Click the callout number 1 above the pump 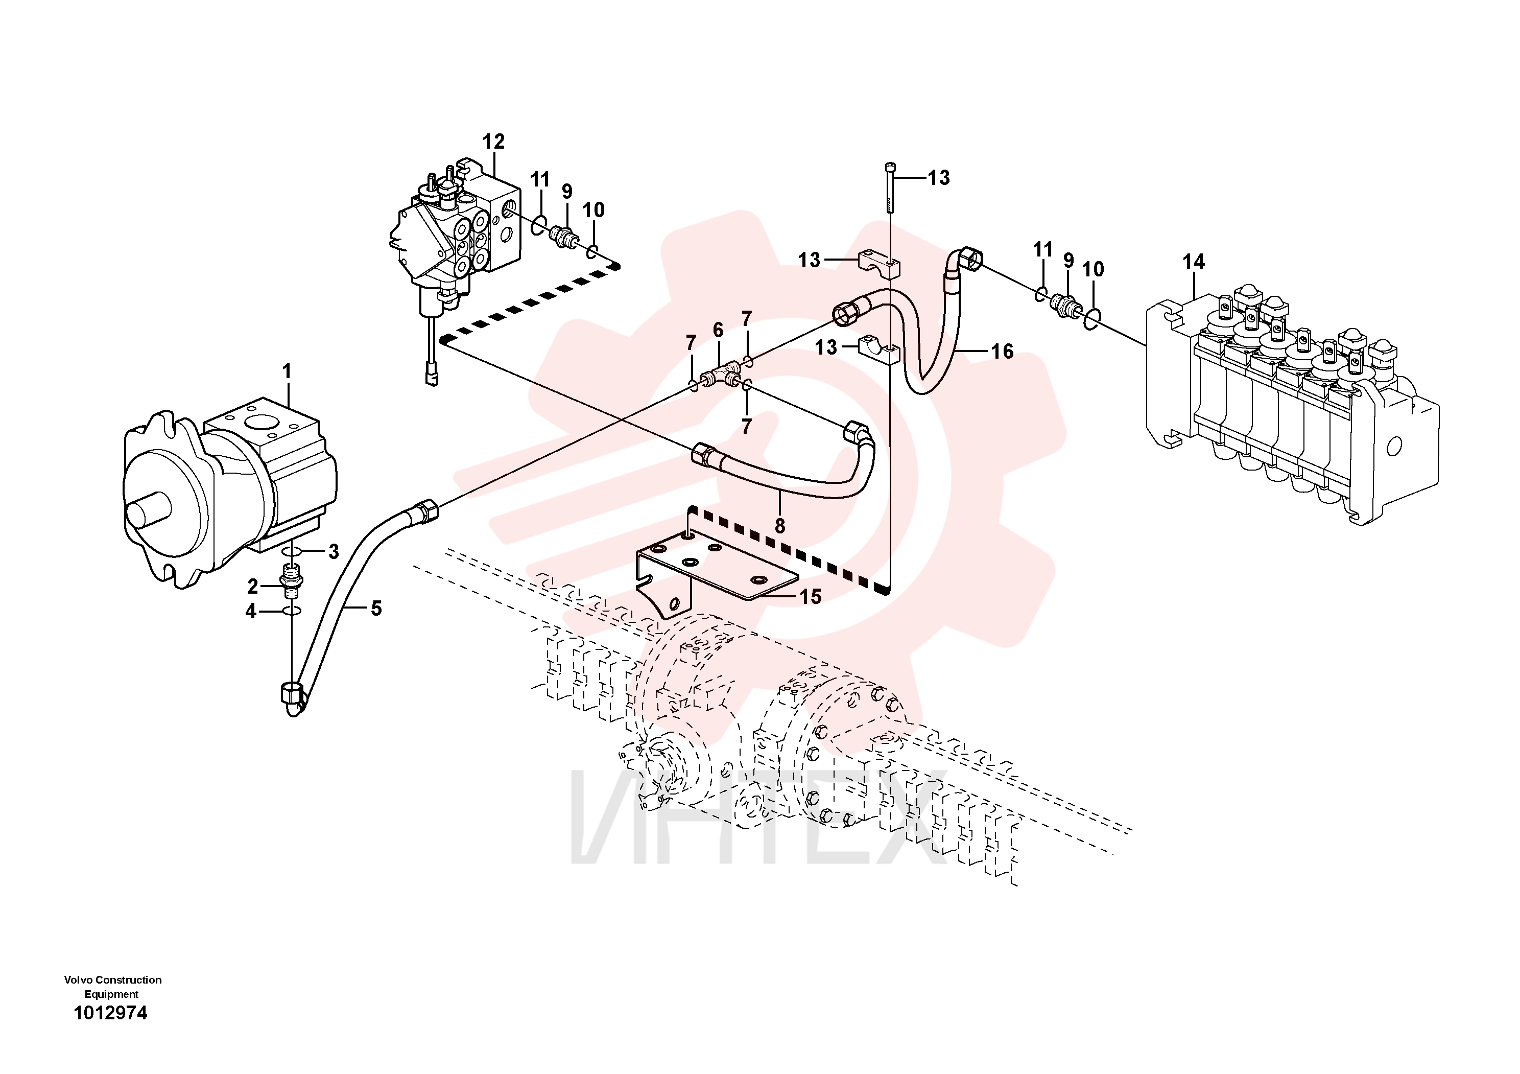[x=287, y=371]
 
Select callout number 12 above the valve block [x=493, y=141]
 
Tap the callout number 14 [x=1194, y=262]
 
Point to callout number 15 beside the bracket [x=811, y=597]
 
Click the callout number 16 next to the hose [x=1002, y=351]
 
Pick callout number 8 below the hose [x=780, y=526]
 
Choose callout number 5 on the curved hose [x=376, y=608]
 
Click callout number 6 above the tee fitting [x=718, y=330]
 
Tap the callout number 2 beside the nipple [x=253, y=586]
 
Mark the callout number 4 [x=251, y=611]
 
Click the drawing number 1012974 [x=110, y=1013]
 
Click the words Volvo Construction [x=112, y=979]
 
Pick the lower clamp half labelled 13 [x=879, y=351]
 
